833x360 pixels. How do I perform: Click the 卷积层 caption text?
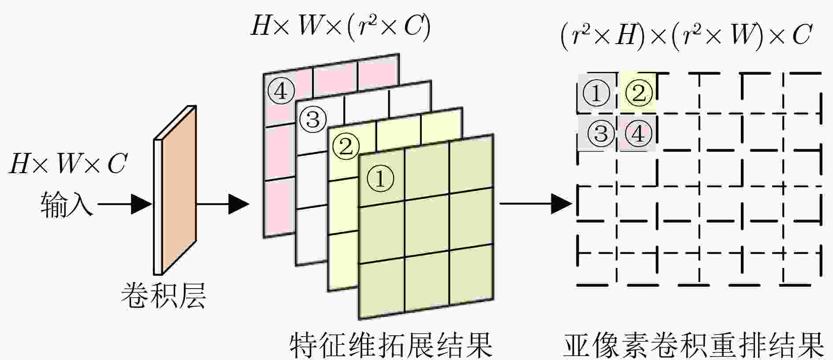click(x=164, y=295)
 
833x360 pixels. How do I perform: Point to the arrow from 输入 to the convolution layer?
click(x=125, y=204)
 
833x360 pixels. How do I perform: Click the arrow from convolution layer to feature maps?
click(x=223, y=204)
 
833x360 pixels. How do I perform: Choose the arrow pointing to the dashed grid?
click(x=536, y=204)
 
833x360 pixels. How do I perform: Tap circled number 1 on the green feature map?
click(x=380, y=178)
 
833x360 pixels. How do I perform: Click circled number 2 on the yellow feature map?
click(x=346, y=146)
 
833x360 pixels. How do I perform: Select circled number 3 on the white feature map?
click(x=313, y=119)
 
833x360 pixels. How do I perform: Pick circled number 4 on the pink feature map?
click(x=281, y=91)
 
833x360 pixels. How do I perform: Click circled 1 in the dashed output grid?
click(x=596, y=93)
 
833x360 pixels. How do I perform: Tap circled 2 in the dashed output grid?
click(x=639, y=93)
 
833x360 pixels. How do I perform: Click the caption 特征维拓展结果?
click(x=391, y=345)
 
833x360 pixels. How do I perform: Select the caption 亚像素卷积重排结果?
click(x=693, y=345)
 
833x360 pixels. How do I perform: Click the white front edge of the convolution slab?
click(x=158, y=207)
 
